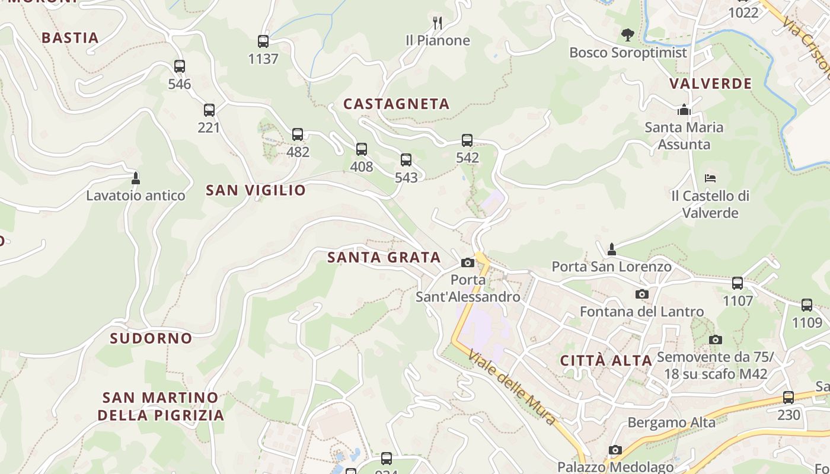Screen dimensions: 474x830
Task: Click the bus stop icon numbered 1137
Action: pyautogui.click(x=263, y=41)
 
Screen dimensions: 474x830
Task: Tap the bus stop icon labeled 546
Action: pyautogui.click(x=180, y=66)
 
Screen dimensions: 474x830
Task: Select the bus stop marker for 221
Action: pyautogui.click(x=209, y=110)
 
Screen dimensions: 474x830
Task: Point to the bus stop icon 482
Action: pyautogui.click(x=298, y=134)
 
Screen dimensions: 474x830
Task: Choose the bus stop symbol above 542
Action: pyautogui.click(x=467, y=140)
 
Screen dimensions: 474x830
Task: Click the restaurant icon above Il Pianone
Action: pyautogui.click(x=438, y=23)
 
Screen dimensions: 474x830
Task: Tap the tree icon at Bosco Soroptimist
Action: pyautogui.click(x=627, y=35)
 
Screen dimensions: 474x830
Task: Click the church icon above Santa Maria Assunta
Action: pyautogui.click(x=684, y=110)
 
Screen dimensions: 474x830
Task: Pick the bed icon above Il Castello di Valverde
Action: pyautogui.click(x=710, y=178)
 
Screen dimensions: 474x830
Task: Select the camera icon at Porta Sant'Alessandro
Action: pyautogui.click(x=468, y=262)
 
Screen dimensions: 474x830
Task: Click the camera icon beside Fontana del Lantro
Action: pyautogui.click(x=641, y=294)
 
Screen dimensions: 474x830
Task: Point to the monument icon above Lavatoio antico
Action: pyautogui.click(x=136, y=178)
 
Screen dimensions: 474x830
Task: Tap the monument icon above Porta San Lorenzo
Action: pyautogui.click(x=612, y=249)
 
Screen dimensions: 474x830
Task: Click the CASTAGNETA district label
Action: pyautogui.click(x=397, y=104)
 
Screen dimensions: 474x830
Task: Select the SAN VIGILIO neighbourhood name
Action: pyautogui.click(x=256, y=190)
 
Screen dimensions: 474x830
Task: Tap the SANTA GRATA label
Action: pyautogui.click(x=384, y=258)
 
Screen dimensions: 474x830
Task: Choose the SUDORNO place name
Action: pyautogui.click(x=151, y=338)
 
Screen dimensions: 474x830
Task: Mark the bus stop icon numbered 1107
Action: pyautogui.click(x=738, y=283)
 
